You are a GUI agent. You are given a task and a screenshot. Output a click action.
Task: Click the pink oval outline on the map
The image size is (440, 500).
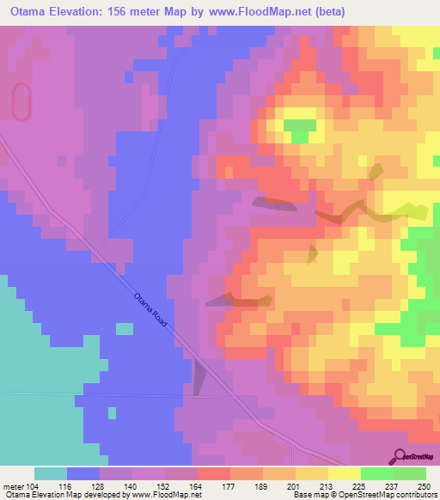coord(21,101)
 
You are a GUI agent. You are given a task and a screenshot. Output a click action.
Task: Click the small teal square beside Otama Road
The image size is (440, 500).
coord(125,328)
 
